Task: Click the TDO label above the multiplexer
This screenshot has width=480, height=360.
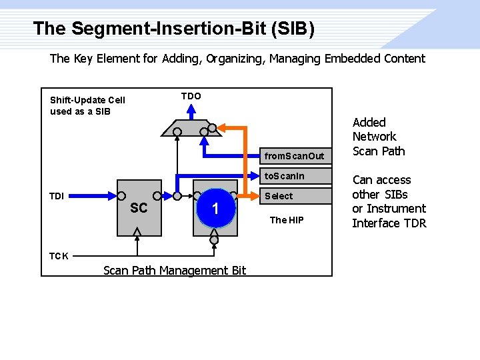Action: pos(191,96)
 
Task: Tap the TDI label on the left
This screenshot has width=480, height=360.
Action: pos(57,196)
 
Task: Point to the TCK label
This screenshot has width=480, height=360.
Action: pos(58,255)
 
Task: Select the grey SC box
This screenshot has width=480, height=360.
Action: pos(139,208)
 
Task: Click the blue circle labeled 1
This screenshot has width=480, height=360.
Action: pos(215,209)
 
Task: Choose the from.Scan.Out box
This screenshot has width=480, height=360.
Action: pos(295,156)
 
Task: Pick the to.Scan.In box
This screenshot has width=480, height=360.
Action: pos(295,176)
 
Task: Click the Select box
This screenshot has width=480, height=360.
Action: pos(295,196)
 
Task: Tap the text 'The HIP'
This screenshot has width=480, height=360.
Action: pos(286,219)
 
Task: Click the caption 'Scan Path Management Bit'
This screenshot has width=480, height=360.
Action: pos(175,270)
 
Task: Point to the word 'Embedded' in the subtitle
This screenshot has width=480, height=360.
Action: pos(352,58)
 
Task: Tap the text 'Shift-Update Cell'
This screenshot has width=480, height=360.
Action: pos(87,100)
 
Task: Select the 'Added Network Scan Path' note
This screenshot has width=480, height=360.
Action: pos(378,137)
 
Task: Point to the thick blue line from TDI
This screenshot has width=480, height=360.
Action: pos(93,197)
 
